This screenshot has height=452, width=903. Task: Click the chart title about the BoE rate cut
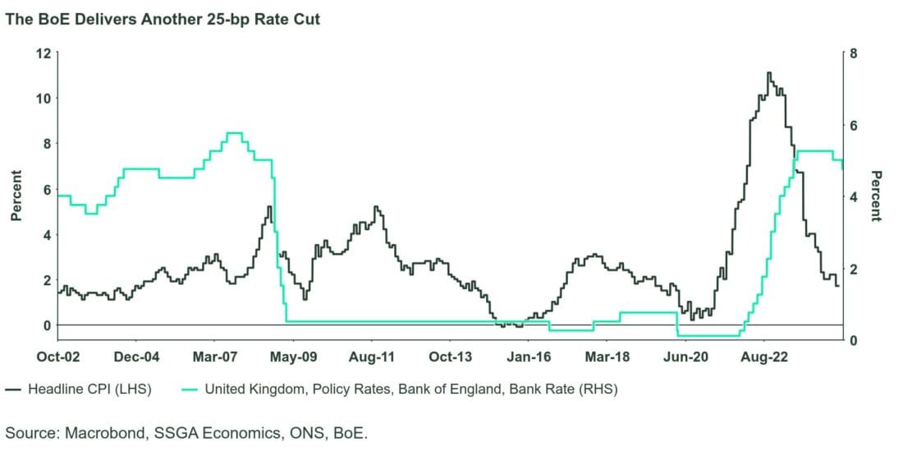pyautogui.click(x=163, y=19)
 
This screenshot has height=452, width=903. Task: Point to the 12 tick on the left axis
pyautogui.click(x=43, y=53)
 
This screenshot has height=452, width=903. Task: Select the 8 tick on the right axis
pyautogui.click(x=855, y=53)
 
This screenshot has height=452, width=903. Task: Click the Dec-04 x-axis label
pyautogui.click(x=136, y=357)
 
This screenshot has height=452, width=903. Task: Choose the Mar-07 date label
pyautogui.click(x=215, y=357)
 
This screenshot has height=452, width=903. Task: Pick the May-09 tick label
pyautogui.click(x=294, y=357)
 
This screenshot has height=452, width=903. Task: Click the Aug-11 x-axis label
pyautogui.click(x=373, y=357)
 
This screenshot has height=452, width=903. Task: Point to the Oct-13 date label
pyautogui.click(x=451, y=357)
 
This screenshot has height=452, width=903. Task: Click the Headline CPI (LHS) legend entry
pyautogui.click(x=80, y=389)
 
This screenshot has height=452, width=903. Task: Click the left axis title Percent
pyautogui.click(x=15, y=196)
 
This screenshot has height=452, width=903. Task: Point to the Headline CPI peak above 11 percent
pyautogui.click(x=768, y=73)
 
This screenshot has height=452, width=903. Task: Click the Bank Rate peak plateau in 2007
pyautogui.click(x=234, y=133)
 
